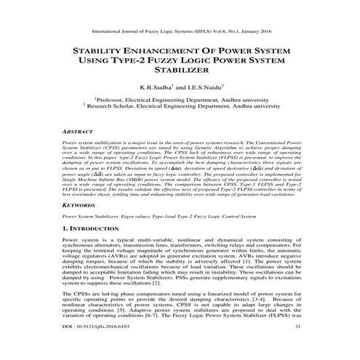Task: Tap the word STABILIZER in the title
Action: [180, 71]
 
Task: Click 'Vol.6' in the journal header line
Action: [217, 32]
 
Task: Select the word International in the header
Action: [109, 32]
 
